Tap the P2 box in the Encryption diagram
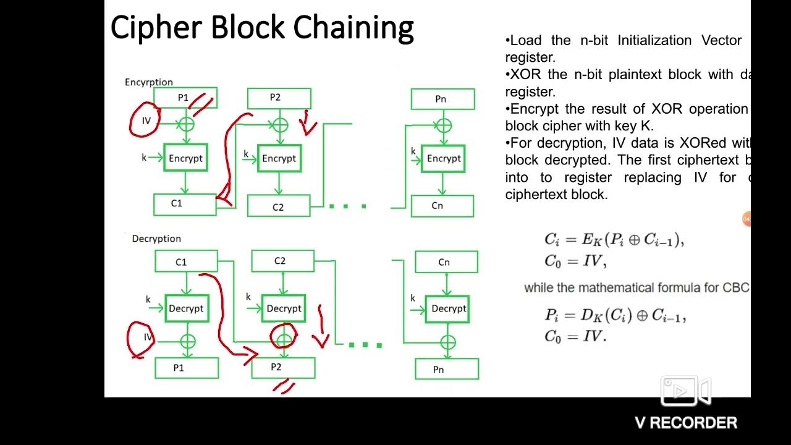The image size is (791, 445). coord(279,98)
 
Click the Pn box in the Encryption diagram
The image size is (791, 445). coord(442,99)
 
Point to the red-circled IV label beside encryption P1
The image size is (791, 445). coord(146,121)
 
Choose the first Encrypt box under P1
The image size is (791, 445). coord(185,158)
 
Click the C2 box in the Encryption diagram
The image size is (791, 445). coord(279,206)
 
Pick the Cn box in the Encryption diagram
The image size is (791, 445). coord(442,206)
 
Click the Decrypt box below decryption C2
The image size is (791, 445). coord(284,308)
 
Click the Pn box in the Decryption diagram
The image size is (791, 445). coord(446,369)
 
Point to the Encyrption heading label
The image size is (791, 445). coord(149,82)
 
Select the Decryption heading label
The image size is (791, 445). coord(156,239)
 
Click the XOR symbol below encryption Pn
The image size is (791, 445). coord(443,125)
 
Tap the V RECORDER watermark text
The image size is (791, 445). coord(686,423)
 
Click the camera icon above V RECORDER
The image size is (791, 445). coord(686,391)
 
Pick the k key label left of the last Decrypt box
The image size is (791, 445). coord(413,298)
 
